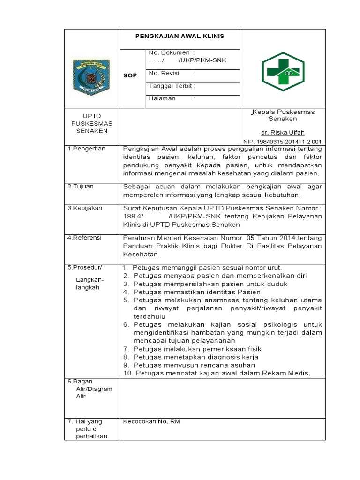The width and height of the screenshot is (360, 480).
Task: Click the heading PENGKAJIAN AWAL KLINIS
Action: coord(180,36)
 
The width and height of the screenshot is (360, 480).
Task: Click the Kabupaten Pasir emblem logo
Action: coord(91,75)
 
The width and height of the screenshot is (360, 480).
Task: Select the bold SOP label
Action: coord(130,75)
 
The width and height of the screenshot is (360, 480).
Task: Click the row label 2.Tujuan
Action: coord(80,186)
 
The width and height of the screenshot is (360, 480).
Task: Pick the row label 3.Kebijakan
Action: coord(85,208)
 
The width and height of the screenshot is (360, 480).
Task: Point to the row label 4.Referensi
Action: coord(84,238)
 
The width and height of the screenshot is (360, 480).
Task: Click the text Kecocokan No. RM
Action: coord(151,421)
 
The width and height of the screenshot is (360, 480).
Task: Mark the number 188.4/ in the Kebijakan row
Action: coord(133,216)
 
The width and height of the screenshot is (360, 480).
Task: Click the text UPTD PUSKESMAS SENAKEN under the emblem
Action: coord(92,123)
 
